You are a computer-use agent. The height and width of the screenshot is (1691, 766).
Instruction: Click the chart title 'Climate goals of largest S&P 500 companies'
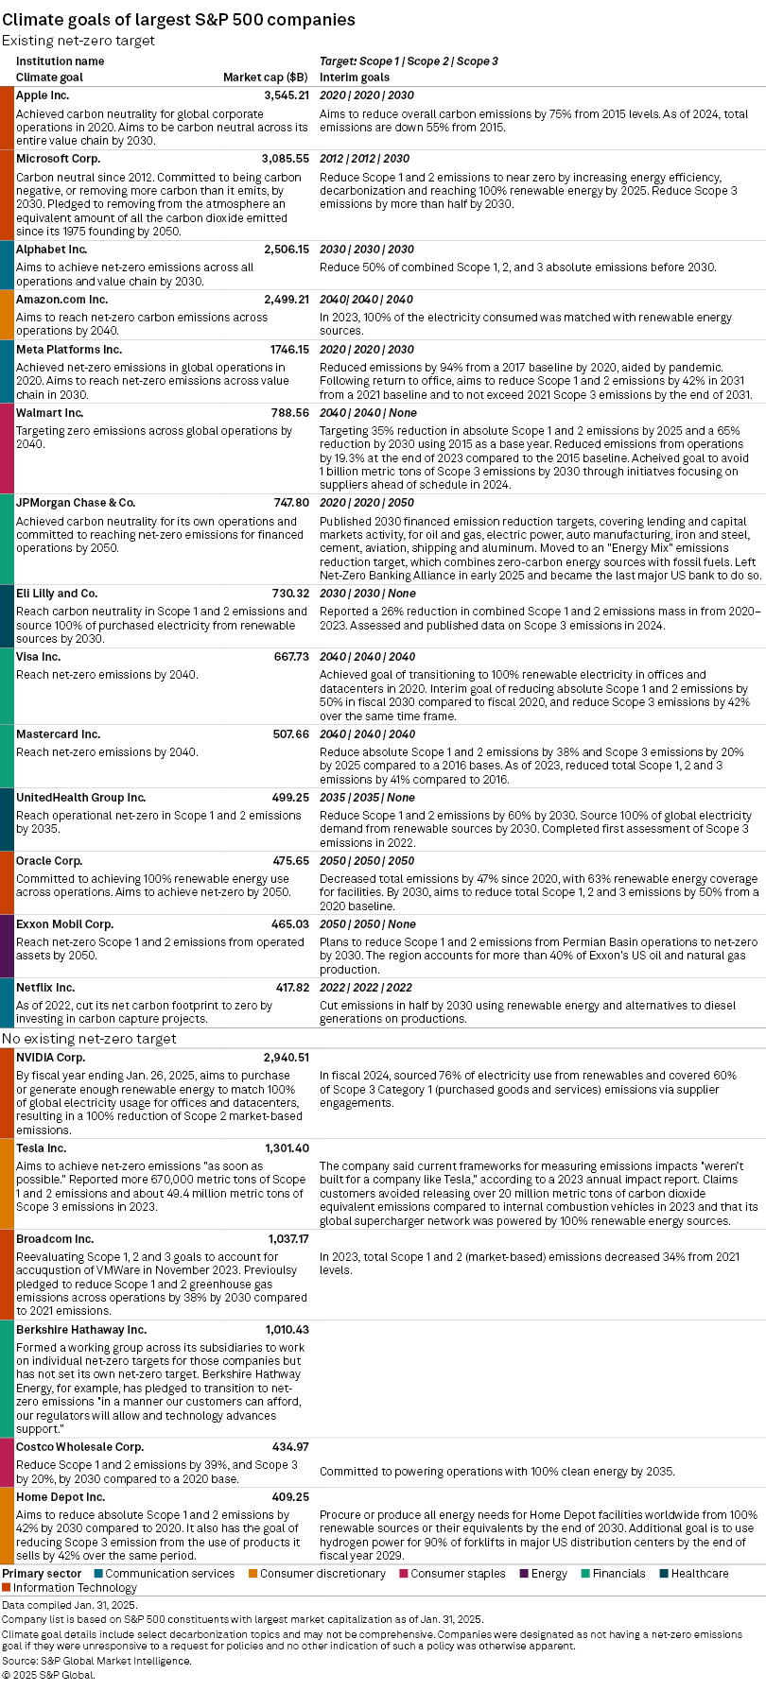pyautogui.click(x=179, y=19)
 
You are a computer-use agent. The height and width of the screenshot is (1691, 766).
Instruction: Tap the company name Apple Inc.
pyautogui.click(x=43, y=95)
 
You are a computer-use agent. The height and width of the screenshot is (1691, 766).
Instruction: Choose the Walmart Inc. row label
pyautogui.click(x=49, y=413)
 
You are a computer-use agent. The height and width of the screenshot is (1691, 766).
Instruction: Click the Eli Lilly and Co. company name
pyautogui.click(x=57, y=594)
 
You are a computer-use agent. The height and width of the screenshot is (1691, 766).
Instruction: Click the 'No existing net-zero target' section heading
pyautogui.click(x=89, y=1039)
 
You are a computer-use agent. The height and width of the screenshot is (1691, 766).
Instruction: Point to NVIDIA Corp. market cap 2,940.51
pyautogui.click(x=286, y=1058)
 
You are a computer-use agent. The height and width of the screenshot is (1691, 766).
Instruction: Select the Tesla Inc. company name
pyautogui.click(x=41, y=1148)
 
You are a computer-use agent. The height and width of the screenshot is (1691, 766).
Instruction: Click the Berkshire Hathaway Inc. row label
pyautogui.click(x=81, y=1330)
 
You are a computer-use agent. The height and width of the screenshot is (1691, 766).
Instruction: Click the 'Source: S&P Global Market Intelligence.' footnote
pyautogui.click(x=96, y=1661)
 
